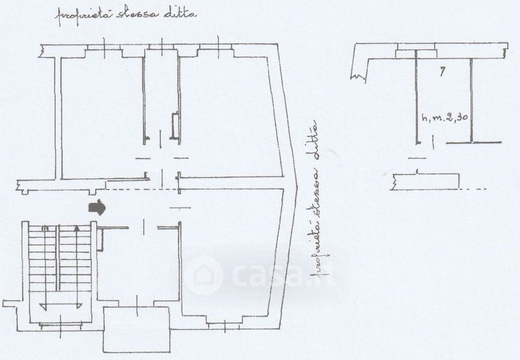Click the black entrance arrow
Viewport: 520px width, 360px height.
(96, 207)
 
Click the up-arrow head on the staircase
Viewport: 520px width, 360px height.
(77, 229)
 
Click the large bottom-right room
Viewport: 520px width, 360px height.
(231, 260)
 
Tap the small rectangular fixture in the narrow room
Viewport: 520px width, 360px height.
(174, 126)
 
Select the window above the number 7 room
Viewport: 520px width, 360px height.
(416, 50)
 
